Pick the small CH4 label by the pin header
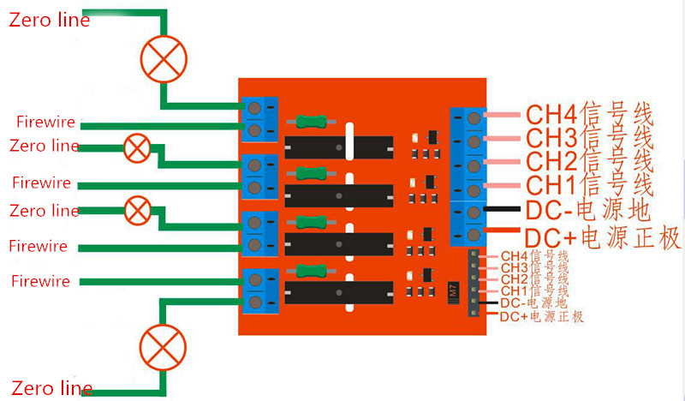tap(534, 256)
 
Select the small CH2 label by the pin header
tap(534, 279)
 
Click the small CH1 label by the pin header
tap(534, 291)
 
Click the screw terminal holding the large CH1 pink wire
tap(474, 189)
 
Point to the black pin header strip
tap(473, 285)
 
